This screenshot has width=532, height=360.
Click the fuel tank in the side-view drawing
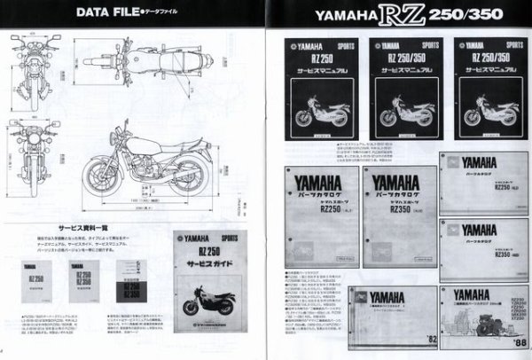131,144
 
